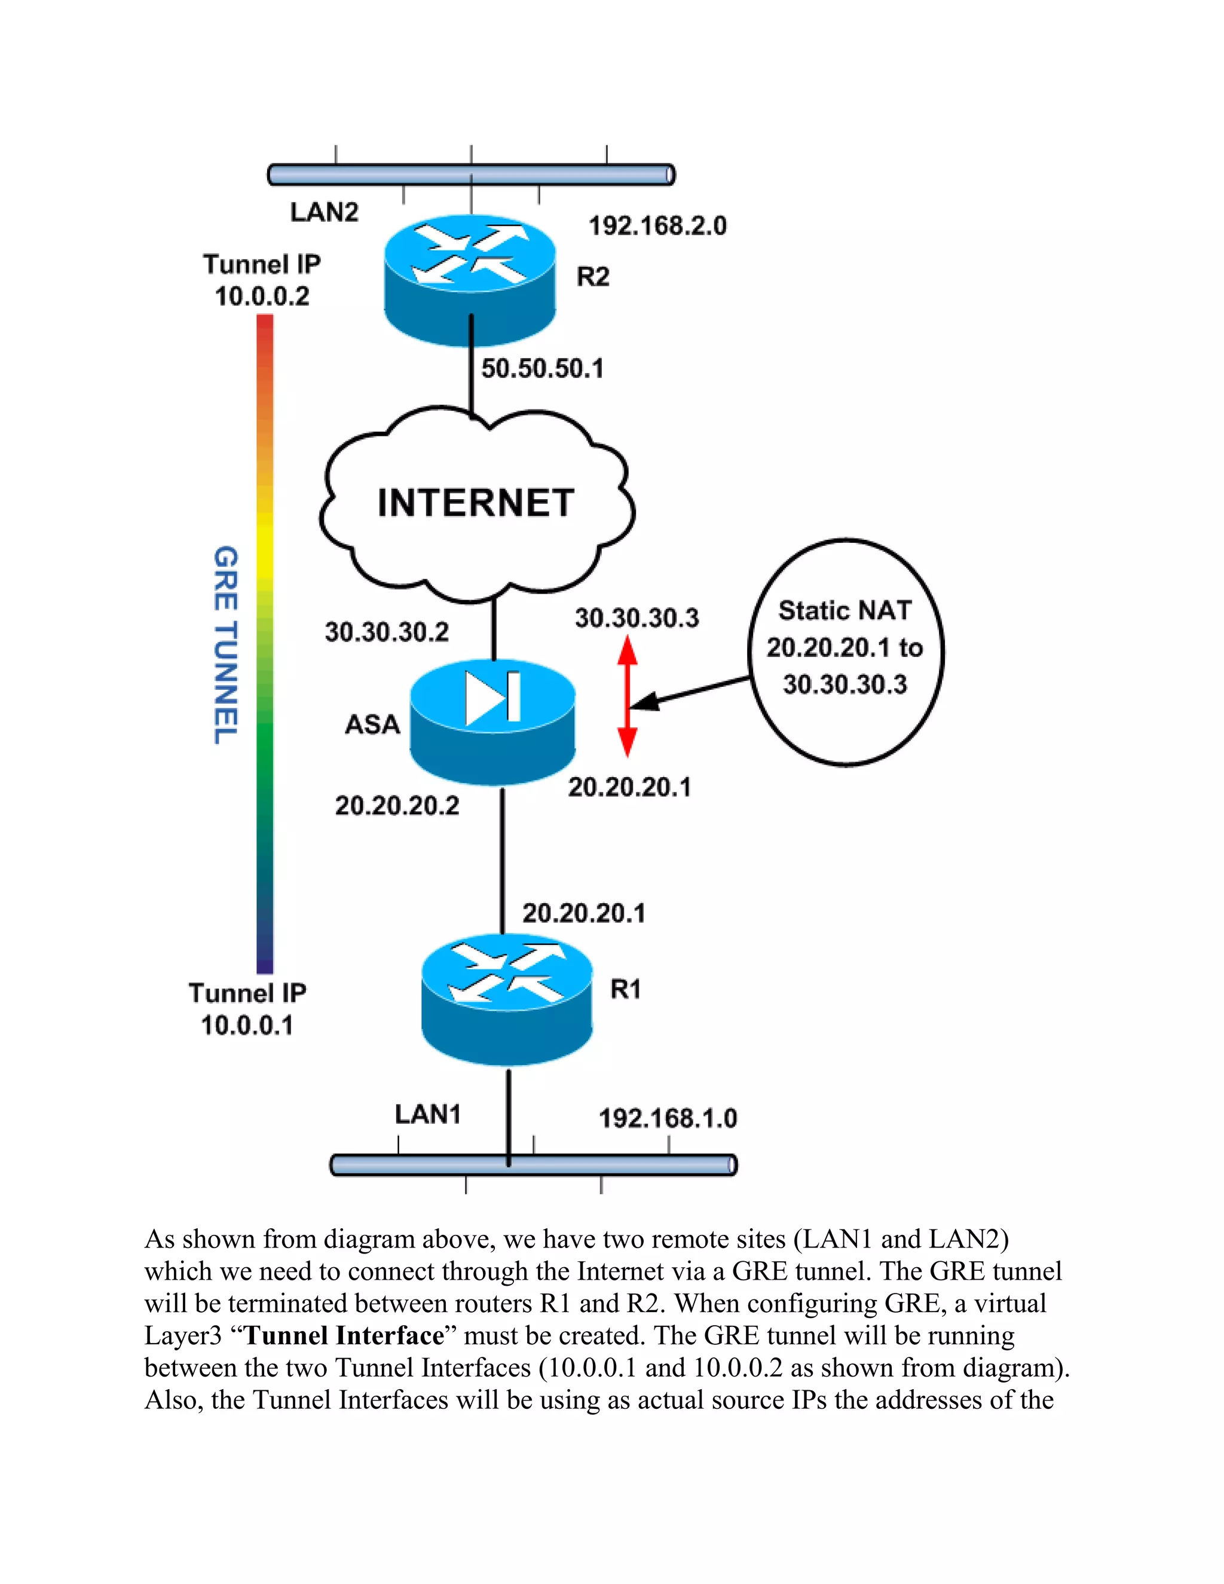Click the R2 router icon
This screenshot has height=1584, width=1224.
point(470,279)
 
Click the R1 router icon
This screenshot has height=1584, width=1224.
point(507,999)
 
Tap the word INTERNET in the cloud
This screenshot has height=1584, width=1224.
point(476,503)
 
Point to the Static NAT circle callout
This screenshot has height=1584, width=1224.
point(846,652)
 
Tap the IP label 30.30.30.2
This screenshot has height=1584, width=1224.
point(387,632)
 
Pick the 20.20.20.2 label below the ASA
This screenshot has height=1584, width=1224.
point(397,806)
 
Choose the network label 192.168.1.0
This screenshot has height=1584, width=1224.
point(667,1118)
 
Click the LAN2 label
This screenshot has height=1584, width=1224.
point(324,213)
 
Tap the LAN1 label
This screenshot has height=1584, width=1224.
point(428,1114)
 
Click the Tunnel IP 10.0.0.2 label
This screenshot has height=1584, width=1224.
point(262,280)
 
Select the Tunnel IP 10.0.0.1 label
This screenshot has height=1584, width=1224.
point(247,1009)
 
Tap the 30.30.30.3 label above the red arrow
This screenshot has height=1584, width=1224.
point(637,618)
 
